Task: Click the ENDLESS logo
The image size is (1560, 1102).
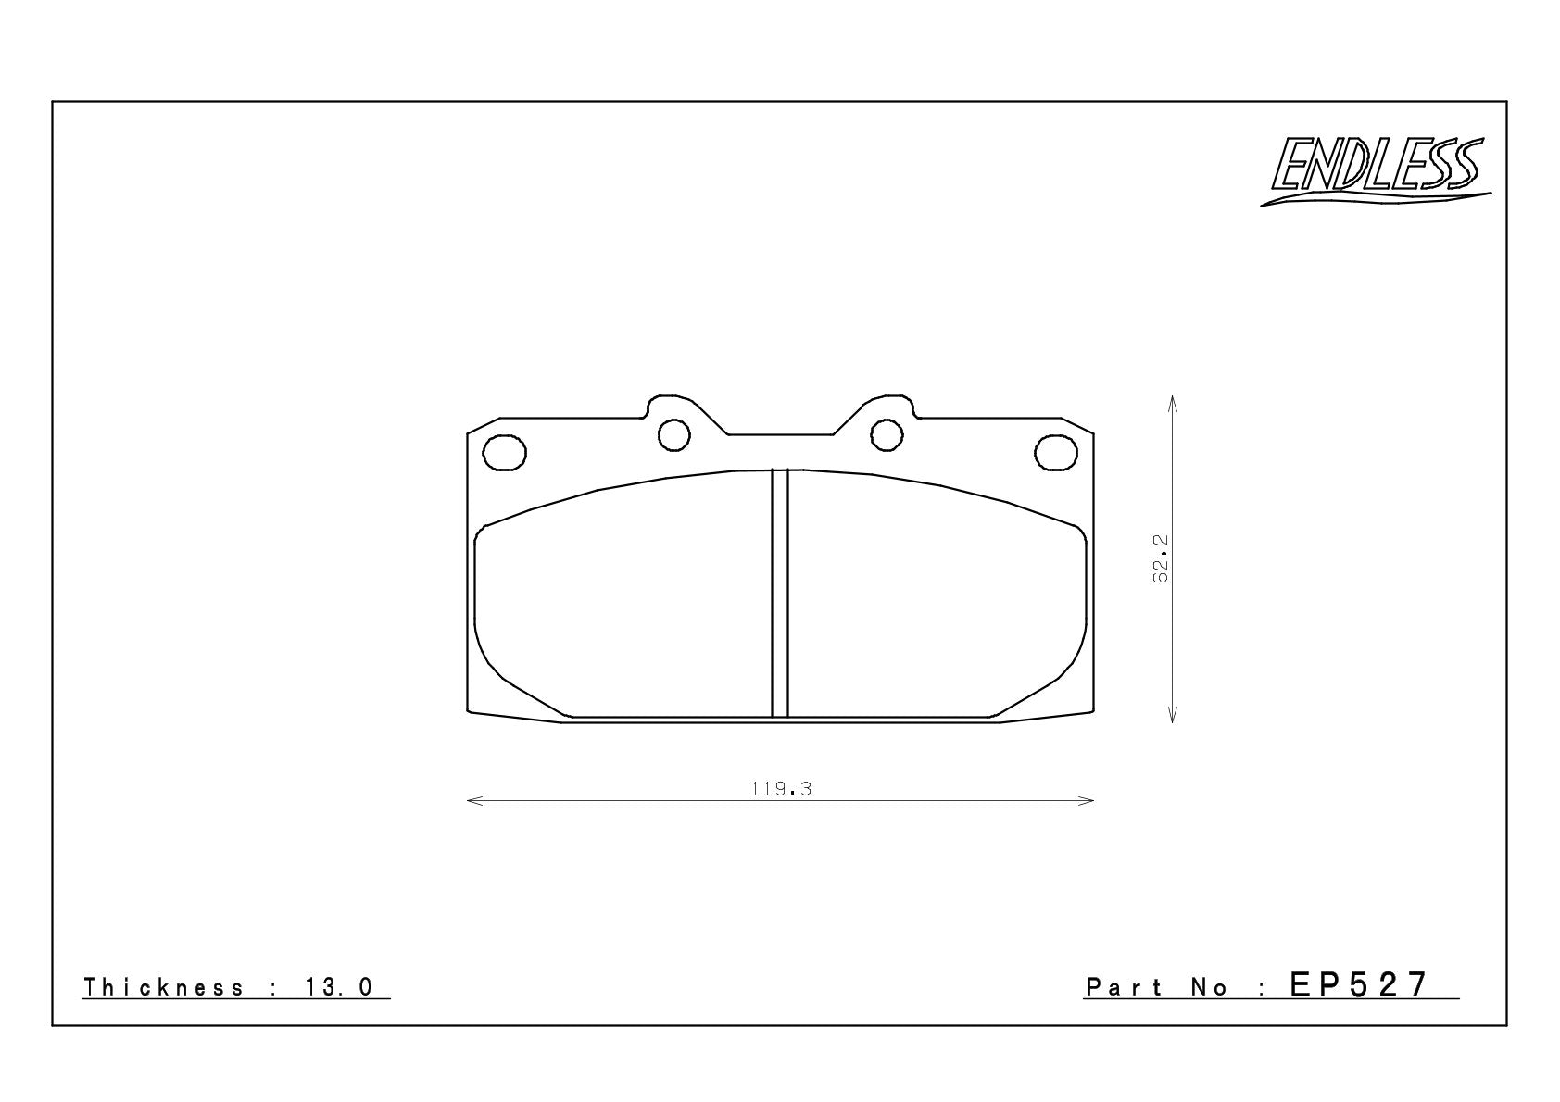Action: pyautogui.click(x=1375, y=170)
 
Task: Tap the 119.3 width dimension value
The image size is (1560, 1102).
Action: pyautogui.click(x=782, y=789)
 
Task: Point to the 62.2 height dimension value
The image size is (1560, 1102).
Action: pyautogui.click(x=1160, y=558)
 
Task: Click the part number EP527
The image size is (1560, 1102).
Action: pyautogui.click(x=1359, y=985)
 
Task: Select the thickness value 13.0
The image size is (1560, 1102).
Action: pyautogui.click(x=340, y=987)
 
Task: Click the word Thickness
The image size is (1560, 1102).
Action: pyautogui.click(x=164, y=987)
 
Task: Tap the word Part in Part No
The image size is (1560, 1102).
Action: pyautogui.click(x=1125, y=987)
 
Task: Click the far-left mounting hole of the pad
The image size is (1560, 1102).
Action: pyautogui.click(x=504, y=453)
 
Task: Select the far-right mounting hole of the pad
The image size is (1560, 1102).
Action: pyautogui.click(x=1056, y=453)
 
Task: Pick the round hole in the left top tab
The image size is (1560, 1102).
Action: pyautogui.click(x=674, y=435)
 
